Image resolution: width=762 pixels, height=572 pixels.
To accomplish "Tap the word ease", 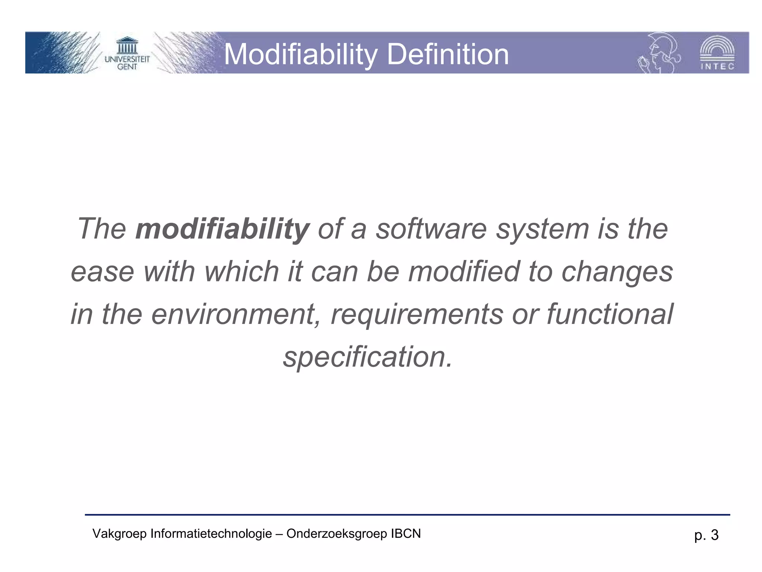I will point(102,272).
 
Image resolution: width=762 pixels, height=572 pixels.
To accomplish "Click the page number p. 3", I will point(706,535).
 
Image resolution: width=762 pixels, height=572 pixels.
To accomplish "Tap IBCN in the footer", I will point(406,534).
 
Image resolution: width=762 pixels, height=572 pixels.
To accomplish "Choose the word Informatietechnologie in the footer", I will point(211,534).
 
